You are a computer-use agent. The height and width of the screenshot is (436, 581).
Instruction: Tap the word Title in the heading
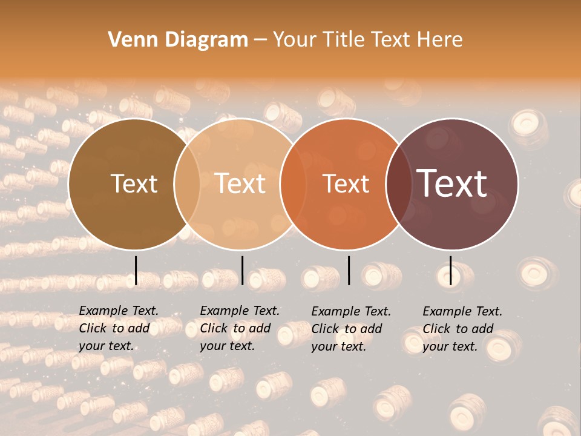(x=344, y=40)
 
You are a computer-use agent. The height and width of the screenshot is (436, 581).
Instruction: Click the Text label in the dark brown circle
(x=134, y=183)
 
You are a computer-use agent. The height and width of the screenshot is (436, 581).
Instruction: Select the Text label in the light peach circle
(x=240, y=183)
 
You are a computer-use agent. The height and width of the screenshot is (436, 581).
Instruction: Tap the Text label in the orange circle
(x=346, y=183)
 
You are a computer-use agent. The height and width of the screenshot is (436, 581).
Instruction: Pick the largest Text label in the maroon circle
(x=452, y=183)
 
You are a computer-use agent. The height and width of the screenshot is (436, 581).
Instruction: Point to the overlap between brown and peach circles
(x=187, y=184)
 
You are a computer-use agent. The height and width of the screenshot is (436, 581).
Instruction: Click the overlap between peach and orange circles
(x=294, y=184)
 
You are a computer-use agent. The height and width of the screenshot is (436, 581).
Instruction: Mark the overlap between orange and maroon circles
(x=399, y=184)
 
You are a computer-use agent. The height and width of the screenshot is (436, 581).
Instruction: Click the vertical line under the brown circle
(x=136, y=270)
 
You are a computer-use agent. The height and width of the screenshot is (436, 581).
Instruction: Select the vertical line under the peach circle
(x=242, y=270)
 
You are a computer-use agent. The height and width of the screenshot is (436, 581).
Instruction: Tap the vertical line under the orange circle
(x=349, y=270)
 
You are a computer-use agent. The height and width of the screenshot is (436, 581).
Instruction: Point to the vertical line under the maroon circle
(x=450, y=270)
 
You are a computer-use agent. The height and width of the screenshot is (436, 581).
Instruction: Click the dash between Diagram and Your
(x=260, y=41)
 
